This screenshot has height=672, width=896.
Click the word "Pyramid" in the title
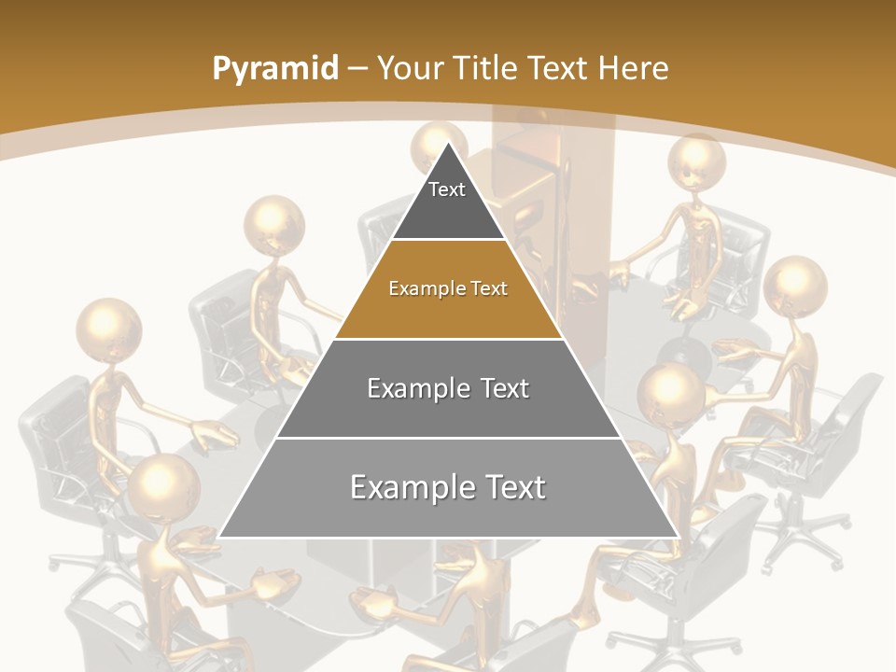(274, 69)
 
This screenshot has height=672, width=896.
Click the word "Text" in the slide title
(559, 69)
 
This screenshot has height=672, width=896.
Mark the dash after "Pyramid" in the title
(357, 69)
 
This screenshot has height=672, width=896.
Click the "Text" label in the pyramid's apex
(447, 189)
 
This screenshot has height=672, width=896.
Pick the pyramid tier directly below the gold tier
(448, 388)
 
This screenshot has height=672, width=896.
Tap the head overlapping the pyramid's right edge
(669, 391)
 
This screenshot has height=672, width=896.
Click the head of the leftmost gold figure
(108, 329)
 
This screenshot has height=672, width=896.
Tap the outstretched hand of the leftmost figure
(214, 432)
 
